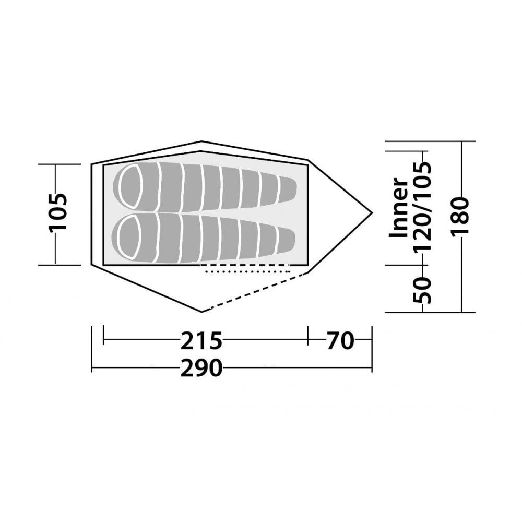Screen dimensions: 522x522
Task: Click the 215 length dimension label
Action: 201,341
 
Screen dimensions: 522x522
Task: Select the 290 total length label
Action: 201,369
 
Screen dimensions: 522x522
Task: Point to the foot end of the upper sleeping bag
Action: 287,189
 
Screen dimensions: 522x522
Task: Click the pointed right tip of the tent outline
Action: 372,212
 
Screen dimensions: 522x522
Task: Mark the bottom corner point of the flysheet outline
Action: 202,312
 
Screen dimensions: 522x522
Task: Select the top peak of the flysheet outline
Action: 202,141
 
